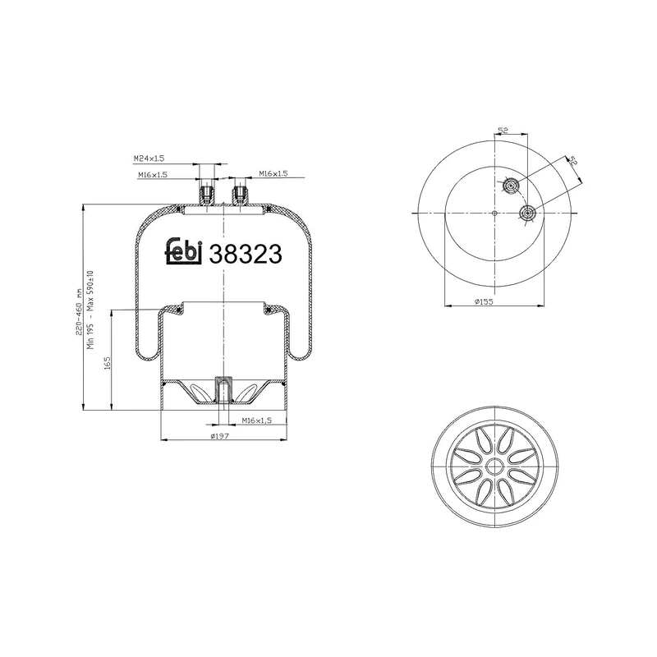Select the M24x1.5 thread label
(x=149, y=159)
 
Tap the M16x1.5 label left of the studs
(x=152, y=175)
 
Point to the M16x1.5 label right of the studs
(x=273, y=174)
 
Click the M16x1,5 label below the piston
(x=256, y=420)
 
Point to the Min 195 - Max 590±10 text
(x=91, y=309)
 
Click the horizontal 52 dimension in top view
(x=503, y=131)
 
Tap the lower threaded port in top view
(x=526, y=215)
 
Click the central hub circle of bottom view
(x=495, y=466)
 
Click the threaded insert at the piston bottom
(x=223, y=388)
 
